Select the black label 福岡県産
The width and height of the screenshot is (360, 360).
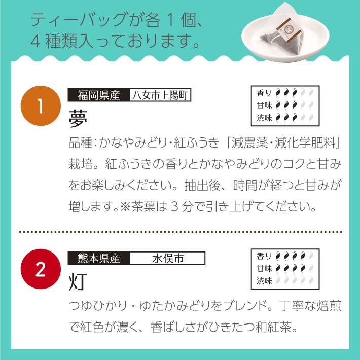(x=98, y=95)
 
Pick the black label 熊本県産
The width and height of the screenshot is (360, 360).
(x=98, y=259)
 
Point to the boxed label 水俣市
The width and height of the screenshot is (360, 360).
(x=167, y=259)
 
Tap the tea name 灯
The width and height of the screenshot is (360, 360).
(x=78, y=282)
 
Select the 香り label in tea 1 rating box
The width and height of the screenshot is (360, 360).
(x=264, y=93)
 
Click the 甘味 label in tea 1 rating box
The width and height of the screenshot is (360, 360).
(x=264, y=105)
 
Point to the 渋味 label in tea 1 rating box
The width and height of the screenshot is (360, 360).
(x=264, y=118)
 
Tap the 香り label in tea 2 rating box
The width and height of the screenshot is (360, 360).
(x=264, y=256)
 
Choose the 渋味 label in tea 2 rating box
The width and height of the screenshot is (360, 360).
(x=264, y=280)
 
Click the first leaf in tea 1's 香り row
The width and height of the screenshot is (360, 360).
(x=278, y=93)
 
